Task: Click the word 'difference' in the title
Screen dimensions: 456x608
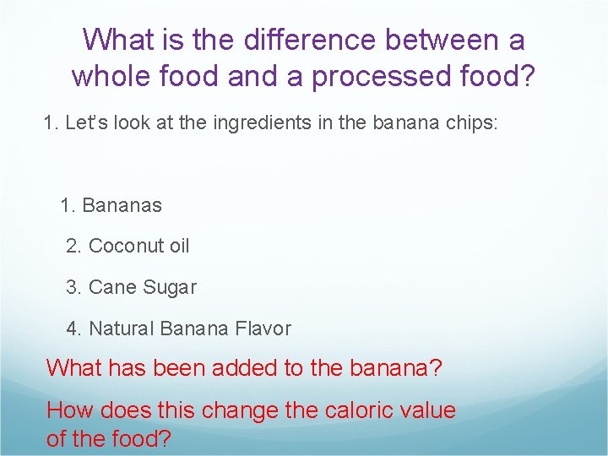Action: tap(296, 40)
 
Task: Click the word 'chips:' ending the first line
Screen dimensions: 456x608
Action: tap(472, 123)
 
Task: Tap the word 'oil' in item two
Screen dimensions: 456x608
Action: tap(179, 246)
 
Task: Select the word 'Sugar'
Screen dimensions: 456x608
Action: tap(169, 287)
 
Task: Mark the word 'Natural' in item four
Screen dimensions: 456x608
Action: tap(121, 328)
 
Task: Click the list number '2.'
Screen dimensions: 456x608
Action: tap(74, 246)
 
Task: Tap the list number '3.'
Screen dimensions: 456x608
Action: tap(74, 287)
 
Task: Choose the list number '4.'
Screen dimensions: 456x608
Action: tap(74, 328)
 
